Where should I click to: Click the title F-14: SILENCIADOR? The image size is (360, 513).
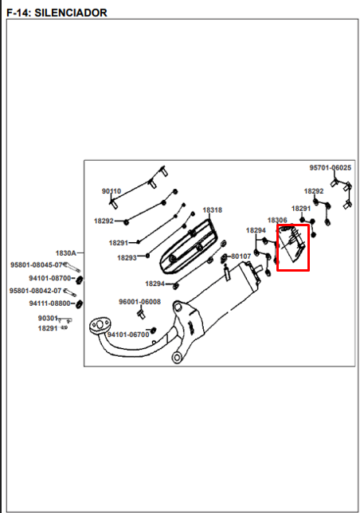pos(57,13)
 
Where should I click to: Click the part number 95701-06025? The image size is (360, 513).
pos(331,168)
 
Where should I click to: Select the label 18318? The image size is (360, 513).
pos(212,210)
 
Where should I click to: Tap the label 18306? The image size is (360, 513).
pos(277,220)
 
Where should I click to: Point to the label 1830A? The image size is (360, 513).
pos(66,253)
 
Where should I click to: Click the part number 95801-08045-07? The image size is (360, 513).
pos(36,265)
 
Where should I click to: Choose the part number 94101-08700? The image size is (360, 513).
pos(49,278)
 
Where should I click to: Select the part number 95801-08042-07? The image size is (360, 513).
pos(35,291)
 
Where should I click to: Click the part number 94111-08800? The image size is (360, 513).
pos(49,303)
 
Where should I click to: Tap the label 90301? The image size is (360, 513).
pos(48,318)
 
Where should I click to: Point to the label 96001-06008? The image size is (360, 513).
pos(139,302)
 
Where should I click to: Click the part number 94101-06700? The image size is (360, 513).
pos(128,335)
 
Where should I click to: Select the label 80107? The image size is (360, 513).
pos(241,256)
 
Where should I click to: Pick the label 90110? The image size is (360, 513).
pos(112,191)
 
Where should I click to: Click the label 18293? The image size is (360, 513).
pos(127,258)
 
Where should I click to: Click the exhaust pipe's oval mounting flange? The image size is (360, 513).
pos(100,326)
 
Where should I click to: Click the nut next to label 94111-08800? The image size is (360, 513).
pos(79,304)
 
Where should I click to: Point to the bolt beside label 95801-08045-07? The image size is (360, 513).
pos(72,267)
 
